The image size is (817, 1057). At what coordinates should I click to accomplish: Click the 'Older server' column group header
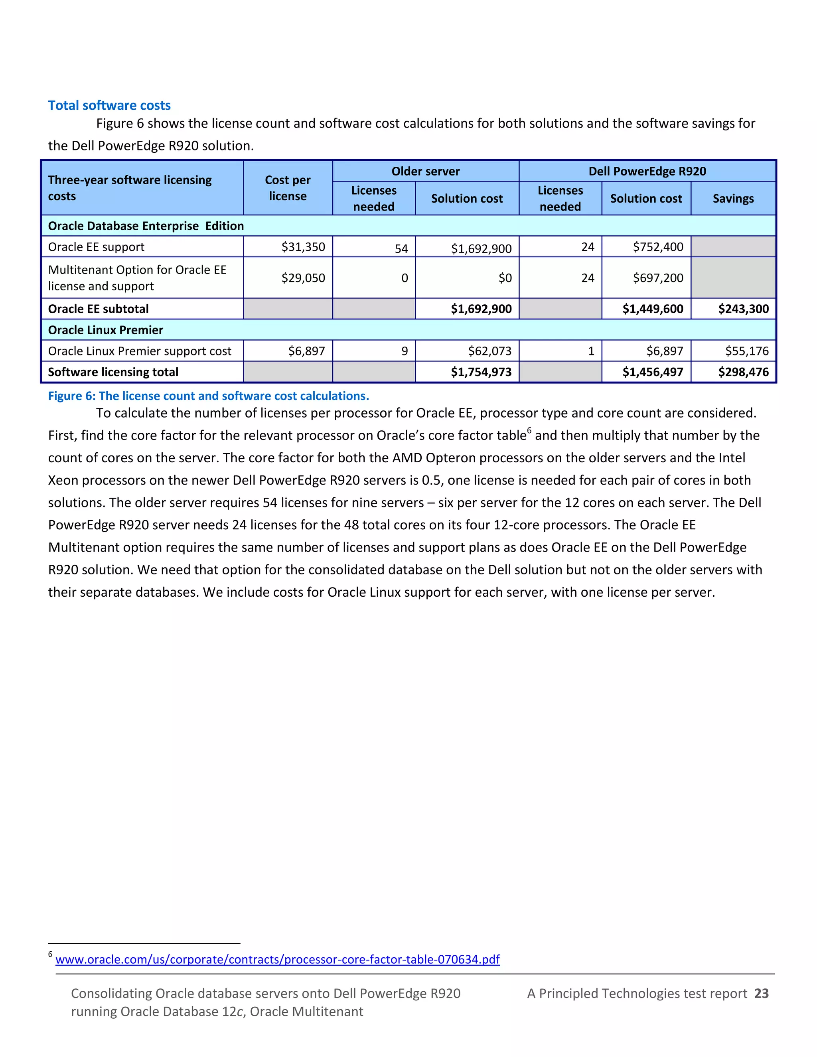pos(425,172)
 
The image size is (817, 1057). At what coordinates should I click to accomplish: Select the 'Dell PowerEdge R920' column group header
pos(647,172)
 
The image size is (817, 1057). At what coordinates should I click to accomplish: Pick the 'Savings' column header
pos(733,198)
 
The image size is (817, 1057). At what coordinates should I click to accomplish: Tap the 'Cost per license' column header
pos(288,188)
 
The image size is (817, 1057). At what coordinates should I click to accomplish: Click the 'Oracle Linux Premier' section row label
pos(105,330)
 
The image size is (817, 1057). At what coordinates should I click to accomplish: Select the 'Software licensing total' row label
pos(113,372)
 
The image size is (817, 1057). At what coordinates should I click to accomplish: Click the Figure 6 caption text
pos(208,396)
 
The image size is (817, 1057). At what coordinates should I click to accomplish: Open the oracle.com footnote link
pos(277,959)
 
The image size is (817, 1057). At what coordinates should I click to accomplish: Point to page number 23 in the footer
pos(761,993)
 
